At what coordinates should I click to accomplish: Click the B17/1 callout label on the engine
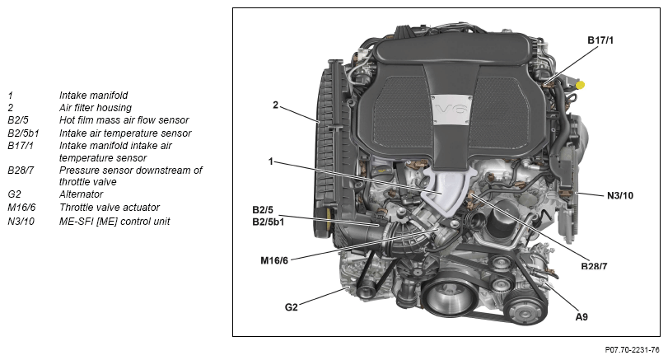pyautogui.click(x=601, y=39)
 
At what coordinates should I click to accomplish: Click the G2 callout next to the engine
pyautogui.click(x=291, y=307)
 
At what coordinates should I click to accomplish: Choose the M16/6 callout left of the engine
pyautogui.click(x=275, y=260)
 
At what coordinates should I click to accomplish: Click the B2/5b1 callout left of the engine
pyautogui.click(x=269, y=221)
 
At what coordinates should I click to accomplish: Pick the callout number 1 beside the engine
pyautogui.click(x=270, y=161)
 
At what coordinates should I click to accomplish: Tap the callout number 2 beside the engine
pyautogui.click(x=275, y=105)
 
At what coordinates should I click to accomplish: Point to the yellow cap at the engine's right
pyautogui.click(x=581, y=84)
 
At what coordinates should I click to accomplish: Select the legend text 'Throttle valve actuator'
pyautogui.click(x=110, y=208)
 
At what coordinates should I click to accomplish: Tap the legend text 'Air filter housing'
pyautogui.click(x=95, y=107)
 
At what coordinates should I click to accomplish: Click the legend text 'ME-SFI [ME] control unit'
pyautogui.click(x=114, y=221)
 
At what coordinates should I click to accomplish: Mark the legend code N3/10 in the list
pyautogui.click(x=23, y=221)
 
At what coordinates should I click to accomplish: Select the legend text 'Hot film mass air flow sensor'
pyautogui.click(x=124, y=120)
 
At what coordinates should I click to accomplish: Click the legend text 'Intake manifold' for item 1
pyautogui.click(x=93, y=95)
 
